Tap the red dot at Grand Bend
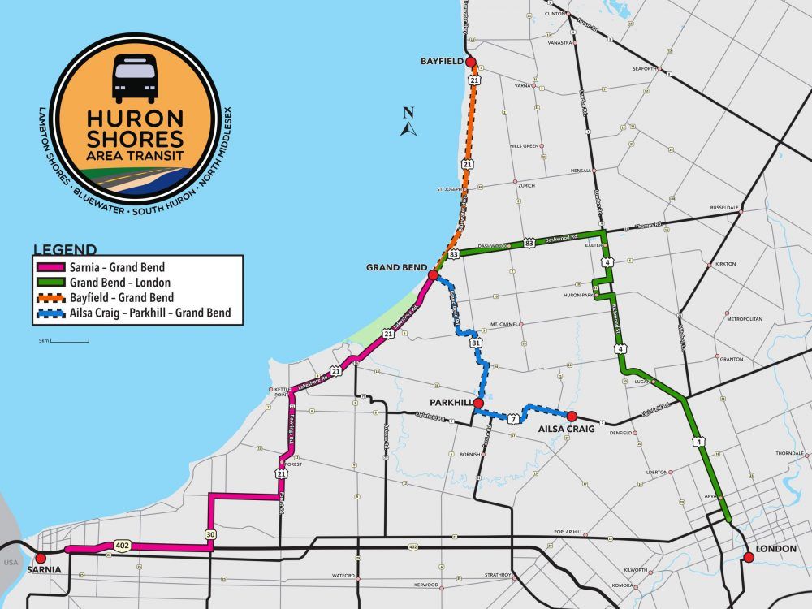(434, 275)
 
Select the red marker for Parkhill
(478, 403)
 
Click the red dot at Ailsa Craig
(572, 416)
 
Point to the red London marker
(748, 557)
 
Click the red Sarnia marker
(41, 559)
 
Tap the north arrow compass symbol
(409, 123)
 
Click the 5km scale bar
(70, 341)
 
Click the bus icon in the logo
(136, 78)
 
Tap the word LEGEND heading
(65, 249)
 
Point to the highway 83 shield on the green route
(529, 242)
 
